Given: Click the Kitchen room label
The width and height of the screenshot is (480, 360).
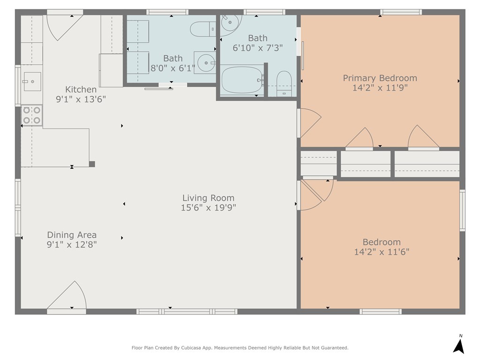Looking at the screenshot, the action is coord(81,90).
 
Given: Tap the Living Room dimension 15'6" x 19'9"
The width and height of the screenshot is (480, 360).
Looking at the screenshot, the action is coord(209,208).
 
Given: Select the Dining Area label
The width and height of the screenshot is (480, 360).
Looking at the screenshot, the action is coord(72,235).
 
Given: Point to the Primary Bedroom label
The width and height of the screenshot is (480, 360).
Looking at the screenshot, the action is coord(380,78).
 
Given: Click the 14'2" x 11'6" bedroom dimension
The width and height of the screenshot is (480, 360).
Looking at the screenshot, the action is coord(382,252).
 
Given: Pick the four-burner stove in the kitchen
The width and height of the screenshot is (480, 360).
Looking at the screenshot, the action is coord(32,115).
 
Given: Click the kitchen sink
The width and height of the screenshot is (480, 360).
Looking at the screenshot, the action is coord(32,82).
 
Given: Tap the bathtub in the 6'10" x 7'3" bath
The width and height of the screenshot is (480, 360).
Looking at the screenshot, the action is coord(242,80).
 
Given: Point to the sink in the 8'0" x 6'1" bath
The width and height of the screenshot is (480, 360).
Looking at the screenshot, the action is coord(205,63).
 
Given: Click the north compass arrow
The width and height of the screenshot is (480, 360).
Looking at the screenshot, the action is coord(459,346).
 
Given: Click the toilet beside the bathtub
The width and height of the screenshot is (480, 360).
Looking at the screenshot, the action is coord(284,84).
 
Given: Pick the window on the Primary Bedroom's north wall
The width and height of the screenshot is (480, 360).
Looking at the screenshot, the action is coord(401,12).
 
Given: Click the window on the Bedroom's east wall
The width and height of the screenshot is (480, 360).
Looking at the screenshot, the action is coord(462,210).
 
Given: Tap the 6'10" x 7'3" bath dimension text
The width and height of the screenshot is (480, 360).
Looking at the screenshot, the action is coord(257,48).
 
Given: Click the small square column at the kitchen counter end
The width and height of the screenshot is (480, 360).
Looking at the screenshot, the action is coord(92,164).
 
